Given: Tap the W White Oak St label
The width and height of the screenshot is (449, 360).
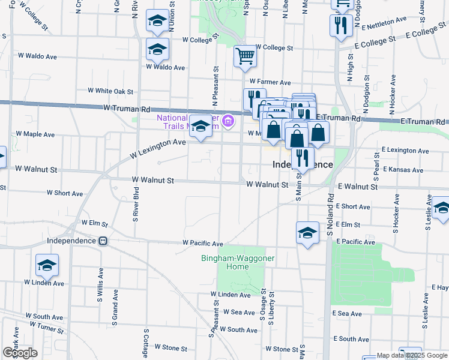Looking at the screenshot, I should click(110, 91).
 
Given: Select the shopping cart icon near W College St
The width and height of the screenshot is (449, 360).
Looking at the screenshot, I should click(245, 57).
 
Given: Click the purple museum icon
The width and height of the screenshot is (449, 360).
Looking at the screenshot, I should click(228, 122).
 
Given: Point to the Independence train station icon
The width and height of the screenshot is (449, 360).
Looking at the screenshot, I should click(103, 241).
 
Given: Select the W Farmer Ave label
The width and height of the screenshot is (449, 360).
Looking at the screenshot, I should click(270, 82).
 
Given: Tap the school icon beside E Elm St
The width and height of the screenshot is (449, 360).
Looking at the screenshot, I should click(307, 233).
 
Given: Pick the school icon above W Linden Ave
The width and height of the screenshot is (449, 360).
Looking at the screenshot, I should click(47, 265).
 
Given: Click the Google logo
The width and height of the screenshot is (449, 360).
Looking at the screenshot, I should click(20, 353).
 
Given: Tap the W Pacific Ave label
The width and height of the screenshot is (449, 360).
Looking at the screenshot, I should click(203, 244).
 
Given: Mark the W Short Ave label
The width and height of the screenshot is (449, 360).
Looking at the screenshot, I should click(65, 194).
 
